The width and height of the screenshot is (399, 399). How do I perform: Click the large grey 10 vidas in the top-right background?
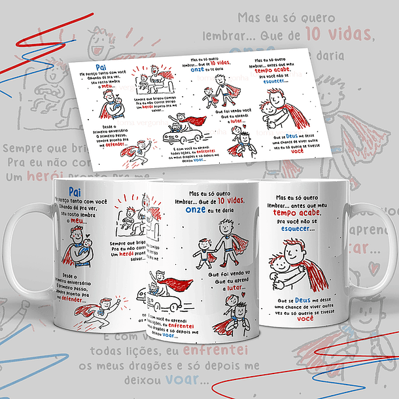pyautogui.click(x=355, y=34)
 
